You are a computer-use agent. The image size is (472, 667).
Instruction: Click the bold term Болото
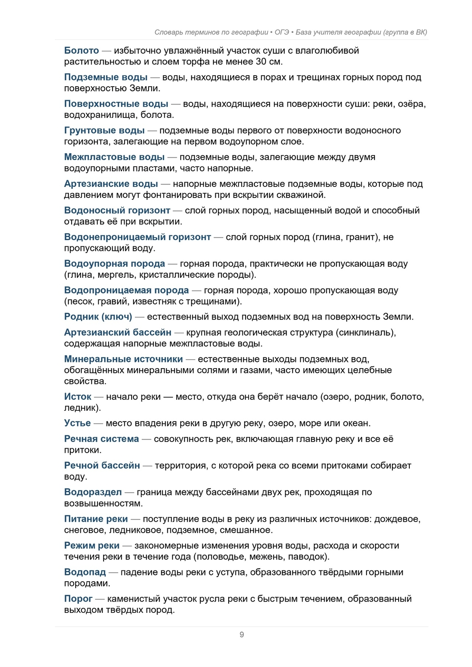[81, 51]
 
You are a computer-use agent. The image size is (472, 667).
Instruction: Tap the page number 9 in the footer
[242, 635]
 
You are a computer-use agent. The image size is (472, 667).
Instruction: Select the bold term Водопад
[85, 572]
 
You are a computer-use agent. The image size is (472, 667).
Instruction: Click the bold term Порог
[78, 599]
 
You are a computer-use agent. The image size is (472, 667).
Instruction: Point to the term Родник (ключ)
[98, 317]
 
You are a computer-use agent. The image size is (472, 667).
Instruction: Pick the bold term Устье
[77, 423]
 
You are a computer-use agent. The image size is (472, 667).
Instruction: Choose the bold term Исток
[77, 397]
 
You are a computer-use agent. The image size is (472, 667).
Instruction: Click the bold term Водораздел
[93, 492]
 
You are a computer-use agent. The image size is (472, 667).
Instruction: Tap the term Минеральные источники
[123, 359]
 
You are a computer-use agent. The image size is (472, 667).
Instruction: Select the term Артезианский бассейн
[117, 333]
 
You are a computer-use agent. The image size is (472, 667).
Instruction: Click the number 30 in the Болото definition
[261, 62]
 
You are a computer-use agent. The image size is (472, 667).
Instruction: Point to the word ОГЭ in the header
[282, 32]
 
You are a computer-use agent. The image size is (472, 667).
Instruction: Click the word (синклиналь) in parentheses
[366, 333]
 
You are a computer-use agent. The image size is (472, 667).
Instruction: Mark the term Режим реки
[92, 546]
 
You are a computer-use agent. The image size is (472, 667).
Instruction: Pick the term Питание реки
[96, 519]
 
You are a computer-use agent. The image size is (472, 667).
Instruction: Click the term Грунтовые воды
[104, 131]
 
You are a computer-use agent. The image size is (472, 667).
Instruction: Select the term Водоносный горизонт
[117, 211]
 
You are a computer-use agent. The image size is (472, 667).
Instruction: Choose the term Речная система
[101, 439]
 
